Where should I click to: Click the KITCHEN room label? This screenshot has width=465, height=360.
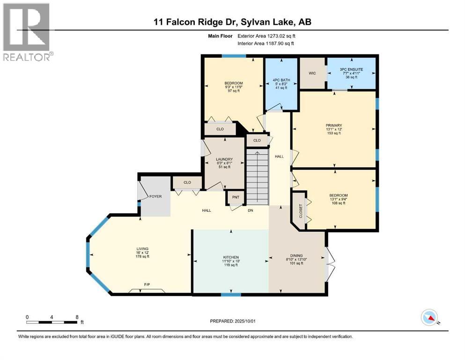tap(231, 257)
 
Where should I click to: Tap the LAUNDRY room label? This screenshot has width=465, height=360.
tap(224, 159)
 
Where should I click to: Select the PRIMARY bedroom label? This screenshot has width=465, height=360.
tap(334, 126)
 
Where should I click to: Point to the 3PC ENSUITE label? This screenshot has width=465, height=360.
tap(351, 70)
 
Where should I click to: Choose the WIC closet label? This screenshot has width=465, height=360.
tap(313, 73)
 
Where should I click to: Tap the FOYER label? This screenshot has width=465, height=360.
tap(155, 196)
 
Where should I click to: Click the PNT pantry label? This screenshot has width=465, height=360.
tap(236, 197)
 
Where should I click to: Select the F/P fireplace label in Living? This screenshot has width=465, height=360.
tap(147, 285)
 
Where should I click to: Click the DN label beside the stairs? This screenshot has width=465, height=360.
tap(251, 210)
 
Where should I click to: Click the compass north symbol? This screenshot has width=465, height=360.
tap(429, 318)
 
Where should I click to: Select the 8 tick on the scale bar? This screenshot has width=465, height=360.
tap(77, 317)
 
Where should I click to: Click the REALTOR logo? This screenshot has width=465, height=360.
tap(27, 32)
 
